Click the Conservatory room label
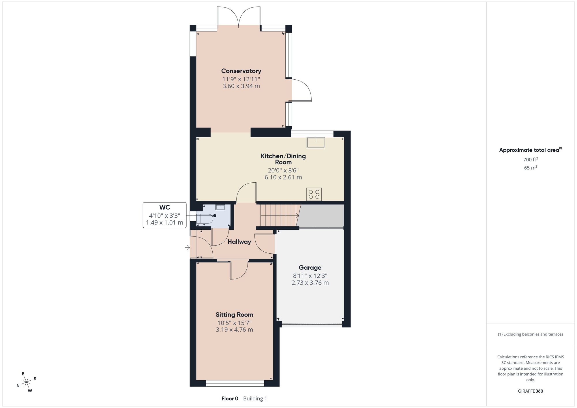pyautogui.click(x=241, y=71)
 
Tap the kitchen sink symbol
pyautogui.click(x=316, y=143)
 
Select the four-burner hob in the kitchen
pyautogui.click(x=314, y=194)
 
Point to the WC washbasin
pyautogui.click(x=220, y=207)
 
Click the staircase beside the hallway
pyautogui.click(x=279, y=215)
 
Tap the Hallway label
pyautogui.click(x=239, y=242)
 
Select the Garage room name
pyautogui.click(x=310, y=268)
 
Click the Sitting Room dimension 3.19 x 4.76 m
pyautogui.click(x=234, y=330)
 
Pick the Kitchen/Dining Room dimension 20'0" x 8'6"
pyautogui.click(x=283, y=170)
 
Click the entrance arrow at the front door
pyautogui.click(x=188, y=247)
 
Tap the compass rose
pyautogui.click(x=27, y=382)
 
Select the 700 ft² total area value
pyautogui.click(x=530, y=160)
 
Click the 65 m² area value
pyautogui.click(x=530, y=168)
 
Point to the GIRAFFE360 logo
pyautogui.click(x=530, y=391)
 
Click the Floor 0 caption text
pyautogui.click(x=230, y=398)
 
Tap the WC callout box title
pyautogui.click(x=164, y=207)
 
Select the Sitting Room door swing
pyautogui.click(x=239, y=269)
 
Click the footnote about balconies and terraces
pyautogui.click(x=530, y=334)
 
